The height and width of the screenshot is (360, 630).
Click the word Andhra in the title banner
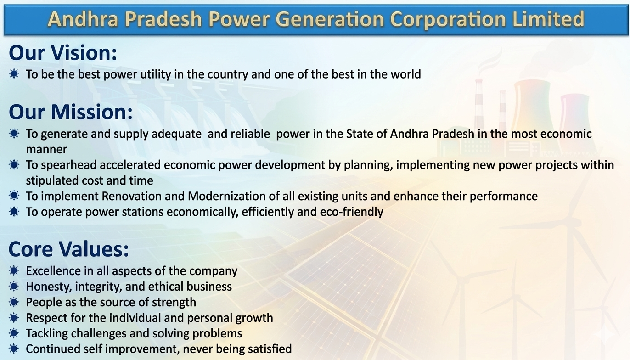pyautogui.click(x=83, y=19)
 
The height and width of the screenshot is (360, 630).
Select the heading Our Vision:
pyautogui.click(x=63, y=53)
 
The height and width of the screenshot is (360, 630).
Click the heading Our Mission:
pyautogui.click(x=71, y=112)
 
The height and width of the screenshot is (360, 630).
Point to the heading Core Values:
pyautogui.click(x=68, y=249)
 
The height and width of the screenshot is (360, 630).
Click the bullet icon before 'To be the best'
pyautogui.click(x=14, y=74)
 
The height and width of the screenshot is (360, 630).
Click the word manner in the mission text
pyautogui.click(x=46, y=149)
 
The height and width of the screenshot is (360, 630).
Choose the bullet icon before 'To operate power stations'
pyautogui.click(x=14, y=212)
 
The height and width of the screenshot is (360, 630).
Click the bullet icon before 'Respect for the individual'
pyautogui.click(x=14, y=318)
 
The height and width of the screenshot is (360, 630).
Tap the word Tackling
pyautogui.click(x=47, y=333)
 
